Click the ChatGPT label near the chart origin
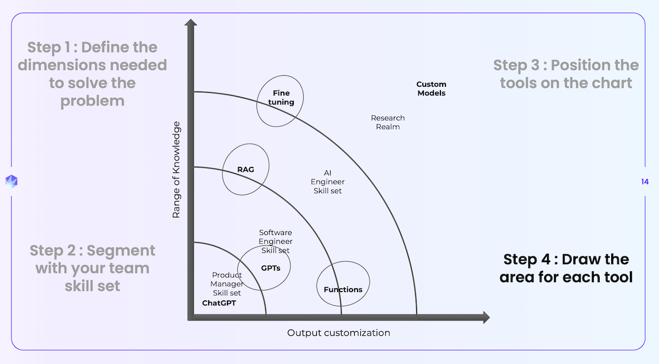(x=219, y=303)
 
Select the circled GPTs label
(x=271, y=267)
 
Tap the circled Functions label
(x=343, y=289)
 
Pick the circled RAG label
(x=245, y=169)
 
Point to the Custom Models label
(x=431, y=89)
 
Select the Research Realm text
(x=388, y=122)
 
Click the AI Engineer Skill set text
(x=328, y=182)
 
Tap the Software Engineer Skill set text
(x=276, y=242)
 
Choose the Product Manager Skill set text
(x=227, y=284)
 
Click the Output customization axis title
(x=338, y=333)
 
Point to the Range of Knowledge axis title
(x=176, y=170)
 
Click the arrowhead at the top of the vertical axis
(x=191, y=25)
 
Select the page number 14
(x=644, y=182)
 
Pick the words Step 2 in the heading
(x=54, y=251)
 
